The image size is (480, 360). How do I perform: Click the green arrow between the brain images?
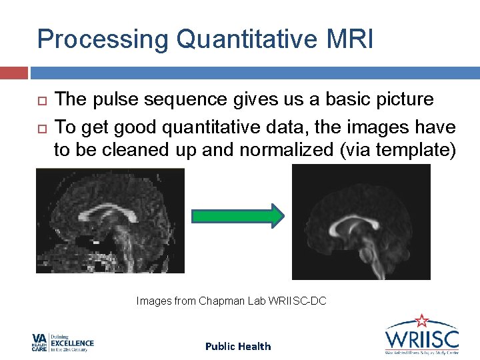(x=237, y=216)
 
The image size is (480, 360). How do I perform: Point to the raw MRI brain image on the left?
(x=110, y=221)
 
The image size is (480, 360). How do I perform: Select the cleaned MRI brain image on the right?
(x=361, y=222)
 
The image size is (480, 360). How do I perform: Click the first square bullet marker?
(x=40, y=101)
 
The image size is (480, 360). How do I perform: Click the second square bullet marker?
(x=40, y=127)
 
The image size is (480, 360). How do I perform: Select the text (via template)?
(x=398, y=150)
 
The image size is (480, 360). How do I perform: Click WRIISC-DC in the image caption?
(x=297, y=301)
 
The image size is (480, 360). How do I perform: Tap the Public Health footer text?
(x=238, y=346)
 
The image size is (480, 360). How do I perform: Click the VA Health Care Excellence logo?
(x=63, y=343)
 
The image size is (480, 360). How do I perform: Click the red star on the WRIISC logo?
(x=422, y=321)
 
